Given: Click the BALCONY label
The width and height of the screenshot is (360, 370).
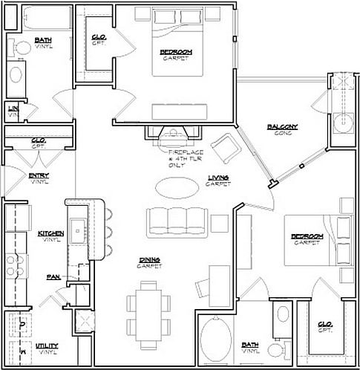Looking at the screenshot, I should click(282, 127).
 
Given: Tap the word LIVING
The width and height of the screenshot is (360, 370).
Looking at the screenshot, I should click(218, 177).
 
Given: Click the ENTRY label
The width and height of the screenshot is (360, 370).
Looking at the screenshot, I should click(39, 176).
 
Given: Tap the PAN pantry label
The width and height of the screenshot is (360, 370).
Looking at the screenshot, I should click(53, 276).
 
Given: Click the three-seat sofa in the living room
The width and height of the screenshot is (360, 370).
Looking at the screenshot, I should click(176, 220).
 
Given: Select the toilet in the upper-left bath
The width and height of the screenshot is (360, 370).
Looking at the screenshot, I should click(18, 47).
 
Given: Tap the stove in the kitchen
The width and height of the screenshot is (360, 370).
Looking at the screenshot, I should click(13, 264).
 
